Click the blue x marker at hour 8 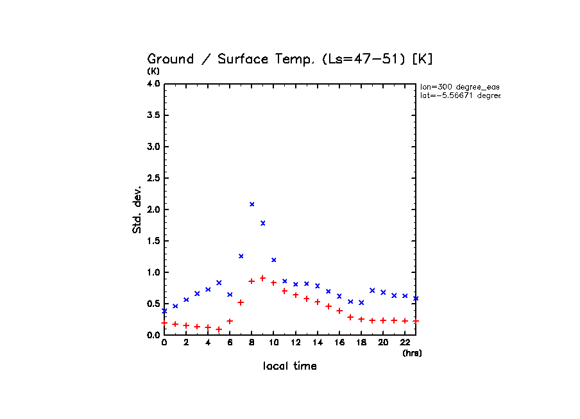point(252,204)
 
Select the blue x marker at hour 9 point(262,223)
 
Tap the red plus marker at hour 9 point(262,278)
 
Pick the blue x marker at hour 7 point(241,256)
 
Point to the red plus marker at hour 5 point(219,329)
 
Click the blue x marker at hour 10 point(273,260)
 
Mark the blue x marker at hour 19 point(372,290)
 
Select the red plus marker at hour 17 point(350,317)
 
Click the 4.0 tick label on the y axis point(153,83)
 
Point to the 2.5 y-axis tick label point(153,177)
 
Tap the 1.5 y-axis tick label point(153,240)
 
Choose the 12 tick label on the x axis point(295,343)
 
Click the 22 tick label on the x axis point(405,343)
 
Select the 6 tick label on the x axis point(230,343)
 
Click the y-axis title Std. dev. point(137,208)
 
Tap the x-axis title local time point(290,366)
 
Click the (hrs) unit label point(412,353)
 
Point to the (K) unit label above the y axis point(153,71)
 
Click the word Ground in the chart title point(171,60)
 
